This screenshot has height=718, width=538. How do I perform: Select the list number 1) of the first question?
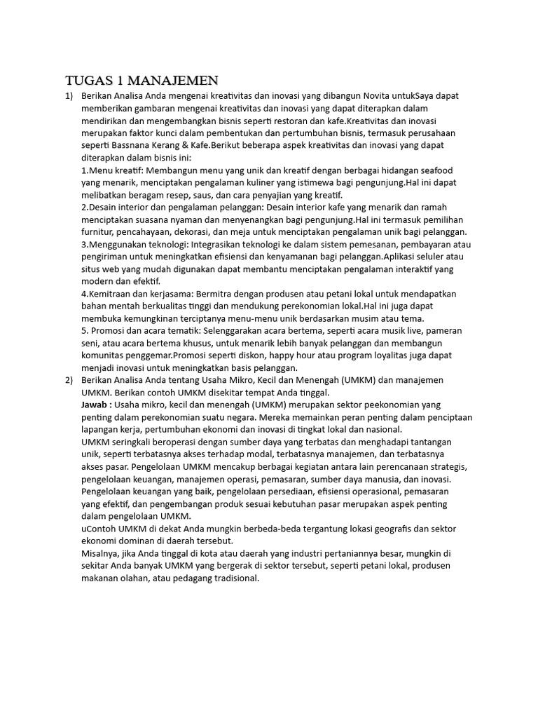point(69,95)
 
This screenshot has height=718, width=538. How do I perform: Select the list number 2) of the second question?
point(69,379)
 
